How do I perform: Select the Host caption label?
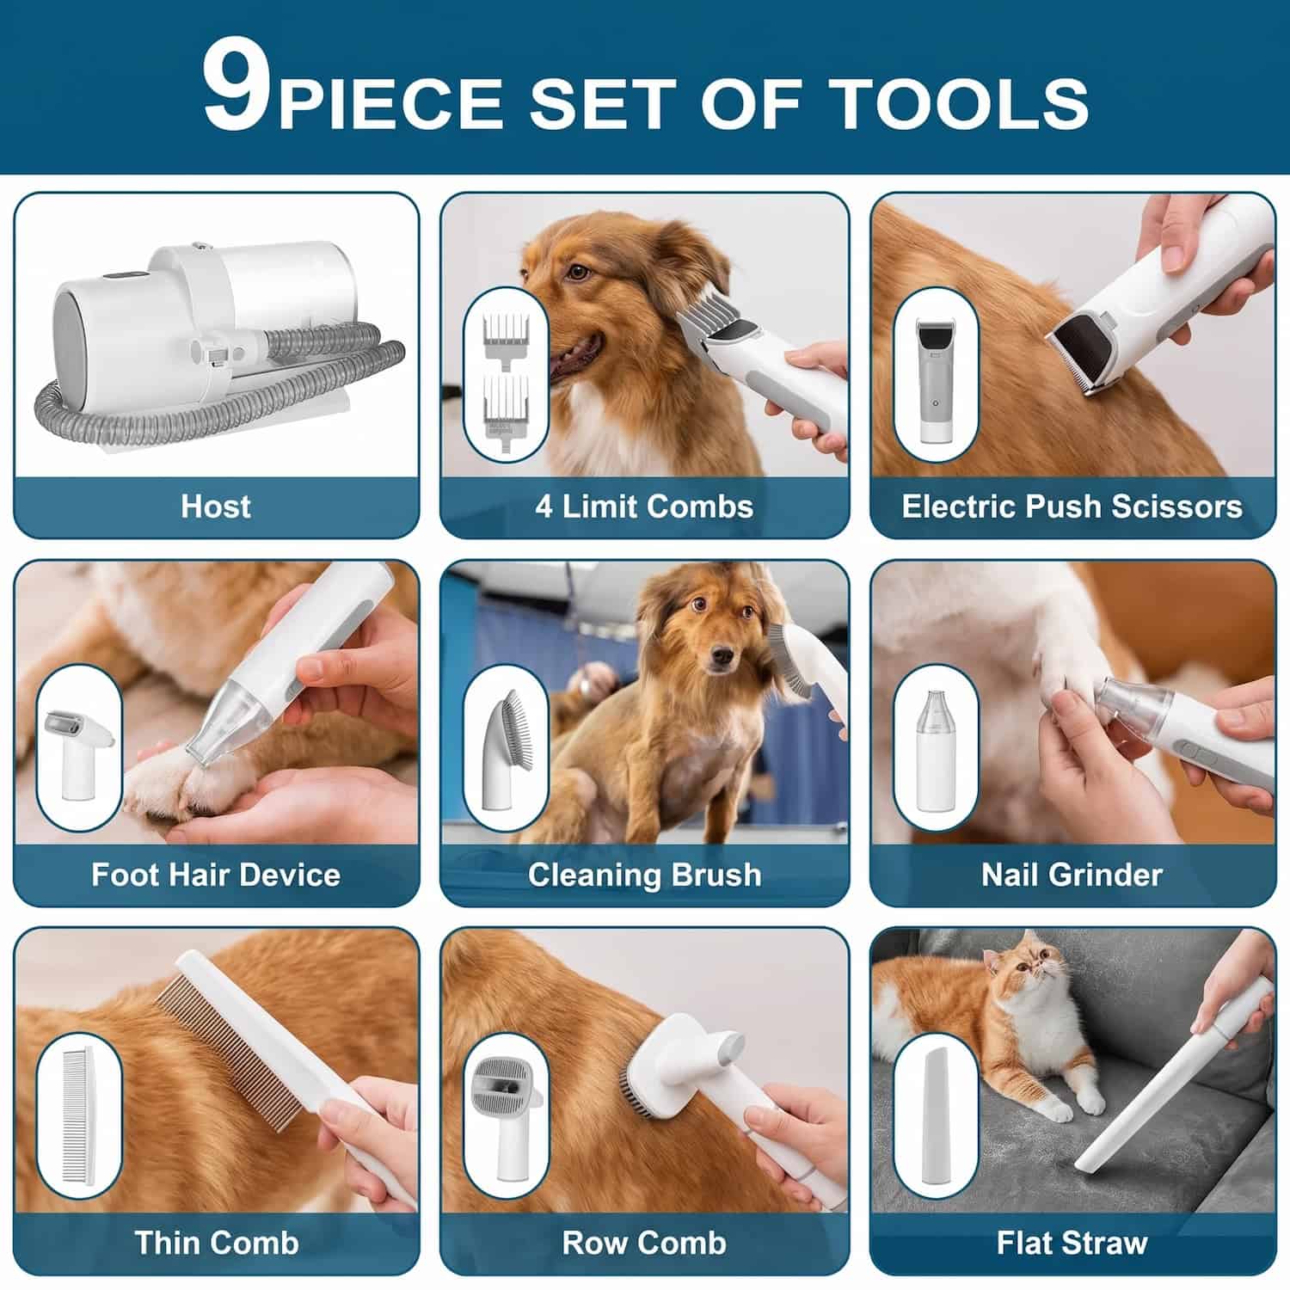216,506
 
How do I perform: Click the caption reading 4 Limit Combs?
644,506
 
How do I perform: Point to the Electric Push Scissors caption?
1072,506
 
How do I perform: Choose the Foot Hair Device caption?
216,875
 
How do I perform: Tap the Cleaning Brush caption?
644,875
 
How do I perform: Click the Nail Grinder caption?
1072,875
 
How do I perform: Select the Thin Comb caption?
216,1243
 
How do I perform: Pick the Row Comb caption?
644,1243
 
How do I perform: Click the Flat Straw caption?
1072,1243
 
